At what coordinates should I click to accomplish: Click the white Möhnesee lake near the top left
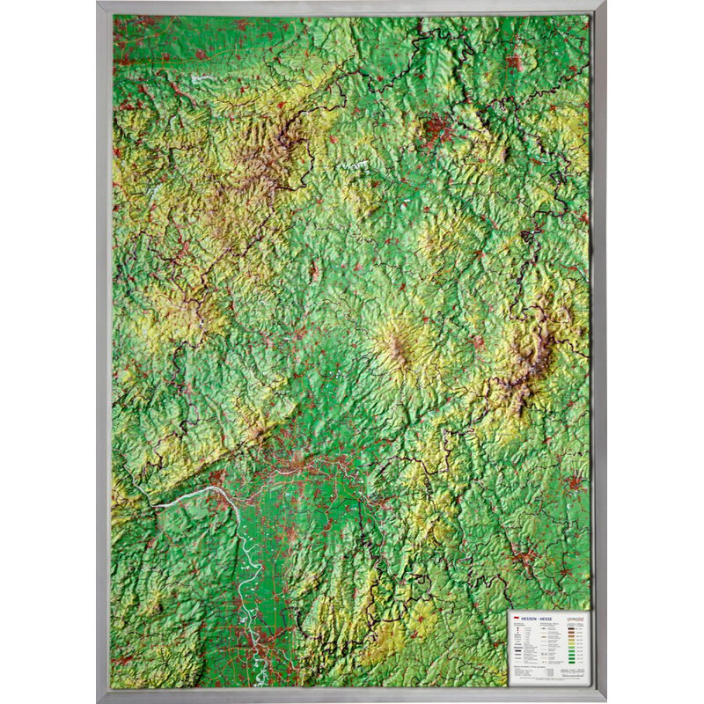tap(202, 78)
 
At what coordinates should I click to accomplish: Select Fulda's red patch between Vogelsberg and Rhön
tap(478, 339)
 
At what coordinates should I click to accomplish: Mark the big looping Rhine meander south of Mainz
tap(239, 563)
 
